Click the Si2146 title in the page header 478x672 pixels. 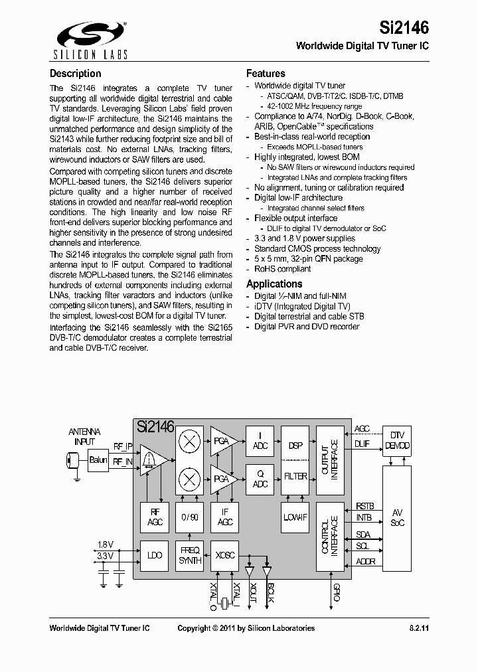tap(404, 27)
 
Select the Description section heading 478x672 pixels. tap(76, 74)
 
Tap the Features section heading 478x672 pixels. tap(266, 74)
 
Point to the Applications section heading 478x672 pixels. tap(274, 284)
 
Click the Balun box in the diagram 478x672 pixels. tap(98, 459)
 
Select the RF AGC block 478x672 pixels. tap(154, 517)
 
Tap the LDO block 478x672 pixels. tap(154, 555)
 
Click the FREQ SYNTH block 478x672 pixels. tap(191, 555)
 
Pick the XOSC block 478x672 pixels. tap(225, 555)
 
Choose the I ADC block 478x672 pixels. tap(260, 441)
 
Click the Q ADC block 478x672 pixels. tap(260, 479)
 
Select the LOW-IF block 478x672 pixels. tap(295, 517)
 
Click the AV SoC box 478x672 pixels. tap(397, 517)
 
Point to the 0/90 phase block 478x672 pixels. tap(191, 517)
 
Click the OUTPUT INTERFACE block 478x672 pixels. tap(330, 459)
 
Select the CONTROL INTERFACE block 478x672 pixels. tap(330, 537)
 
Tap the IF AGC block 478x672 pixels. tap(225, 517)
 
